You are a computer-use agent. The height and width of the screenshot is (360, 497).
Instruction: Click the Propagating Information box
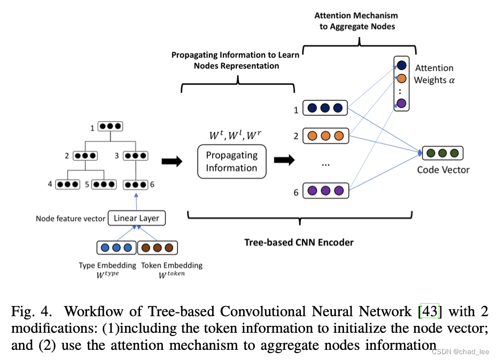(231, 161)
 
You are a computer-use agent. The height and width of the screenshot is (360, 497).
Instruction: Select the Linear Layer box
(136, 218)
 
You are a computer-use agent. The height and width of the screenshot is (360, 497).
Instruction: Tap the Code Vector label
(443, 170)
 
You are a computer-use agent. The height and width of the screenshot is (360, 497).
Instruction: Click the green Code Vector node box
(442, 153)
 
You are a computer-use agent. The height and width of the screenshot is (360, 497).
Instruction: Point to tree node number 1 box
(110, 127)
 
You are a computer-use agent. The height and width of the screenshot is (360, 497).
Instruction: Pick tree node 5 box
(103, 184)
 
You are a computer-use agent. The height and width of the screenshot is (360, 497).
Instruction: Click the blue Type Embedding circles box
(117, 248)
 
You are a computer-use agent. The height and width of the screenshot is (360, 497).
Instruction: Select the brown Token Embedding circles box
(157, 248)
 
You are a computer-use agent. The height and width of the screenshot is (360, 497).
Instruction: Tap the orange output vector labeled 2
(325, 136)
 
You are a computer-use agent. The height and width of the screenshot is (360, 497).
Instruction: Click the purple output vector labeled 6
(325, 190)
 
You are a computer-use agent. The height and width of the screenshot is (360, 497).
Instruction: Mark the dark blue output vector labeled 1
(325, 108)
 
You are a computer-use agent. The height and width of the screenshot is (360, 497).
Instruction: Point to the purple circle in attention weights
(401, 103)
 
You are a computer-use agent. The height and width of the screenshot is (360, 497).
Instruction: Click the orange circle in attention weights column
(401, 79)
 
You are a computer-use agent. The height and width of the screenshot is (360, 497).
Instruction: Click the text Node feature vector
(70, 218)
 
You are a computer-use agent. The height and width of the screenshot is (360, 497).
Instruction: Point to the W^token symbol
(171, 276)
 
